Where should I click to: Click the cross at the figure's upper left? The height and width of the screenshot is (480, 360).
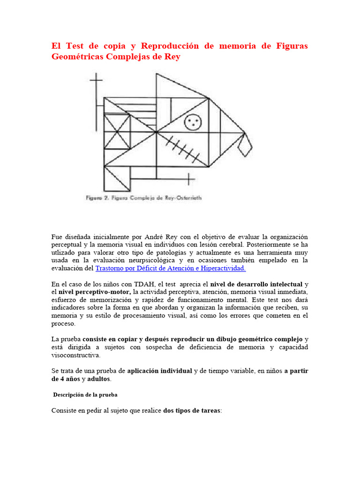pyautogui.click(x=96, y=82)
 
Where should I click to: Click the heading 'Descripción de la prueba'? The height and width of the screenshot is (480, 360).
pyautogui.click(x=85, y=395)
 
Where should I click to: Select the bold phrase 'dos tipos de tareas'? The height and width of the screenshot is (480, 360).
pyautogui.click(x=191, y=411)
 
